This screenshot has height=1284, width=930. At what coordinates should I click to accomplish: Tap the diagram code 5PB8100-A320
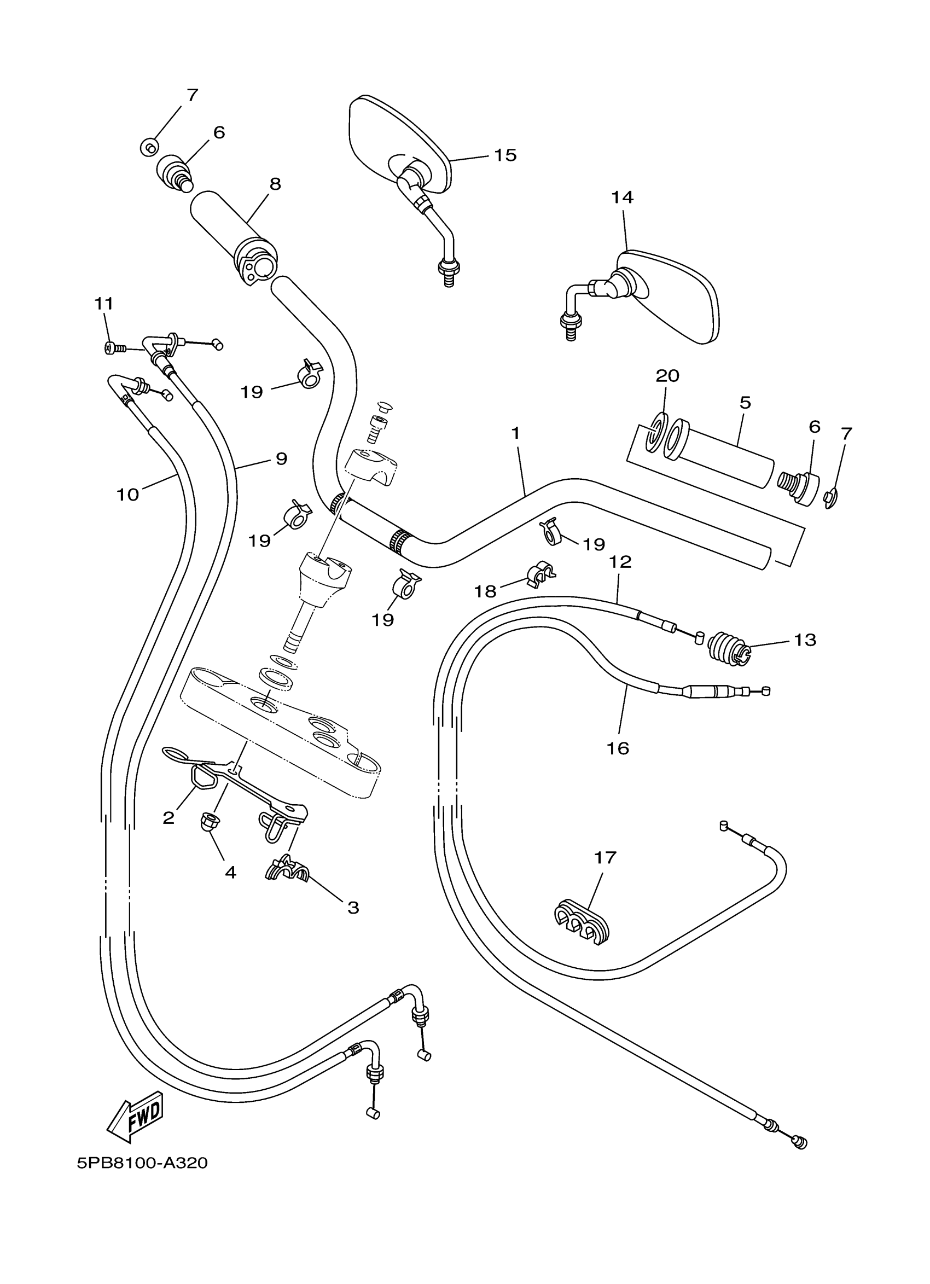pos(142,1164)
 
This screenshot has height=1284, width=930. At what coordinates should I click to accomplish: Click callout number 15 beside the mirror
pos(505,155)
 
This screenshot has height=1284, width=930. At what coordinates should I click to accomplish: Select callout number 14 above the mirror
pos(621,197)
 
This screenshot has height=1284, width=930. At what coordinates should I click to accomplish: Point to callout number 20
pos(667,376)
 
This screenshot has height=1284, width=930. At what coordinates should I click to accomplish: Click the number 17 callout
pos(605,858)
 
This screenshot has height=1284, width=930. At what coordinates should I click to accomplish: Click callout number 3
pos(353,908)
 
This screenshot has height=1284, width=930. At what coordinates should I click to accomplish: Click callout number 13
pos(804,640)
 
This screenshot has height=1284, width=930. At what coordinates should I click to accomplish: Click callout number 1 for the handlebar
pos(515,434)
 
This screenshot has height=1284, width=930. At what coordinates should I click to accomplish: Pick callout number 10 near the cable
pos(127,495)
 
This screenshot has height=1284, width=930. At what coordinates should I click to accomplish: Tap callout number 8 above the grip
pos(275,184)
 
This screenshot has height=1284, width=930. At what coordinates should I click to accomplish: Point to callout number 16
pos(618,748)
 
